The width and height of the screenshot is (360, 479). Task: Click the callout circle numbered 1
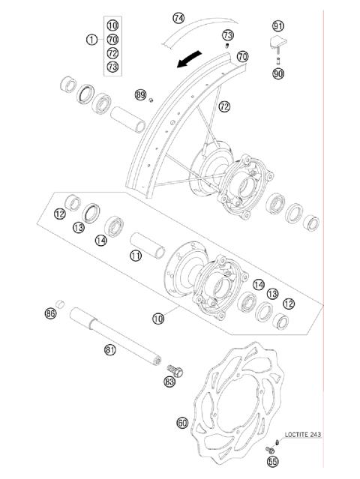tap(91, 39)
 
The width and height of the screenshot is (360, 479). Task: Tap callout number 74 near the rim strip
tap(178, 17)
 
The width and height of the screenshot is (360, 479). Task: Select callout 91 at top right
tap(278, 25)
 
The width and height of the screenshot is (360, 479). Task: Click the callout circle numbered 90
tap(278, 74)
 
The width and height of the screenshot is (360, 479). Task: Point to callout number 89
tap(140, 94)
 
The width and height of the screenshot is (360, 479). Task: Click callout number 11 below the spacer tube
tap(135, 256)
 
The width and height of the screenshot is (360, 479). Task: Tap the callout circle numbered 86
tap(51, 313)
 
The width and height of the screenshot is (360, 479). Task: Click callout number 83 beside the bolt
tap(170, 382)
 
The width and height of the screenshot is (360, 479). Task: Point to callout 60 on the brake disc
tap(182, 423)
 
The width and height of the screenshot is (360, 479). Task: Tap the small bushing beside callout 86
tap(63, 304)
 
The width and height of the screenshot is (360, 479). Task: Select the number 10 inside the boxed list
tap(112, 25)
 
